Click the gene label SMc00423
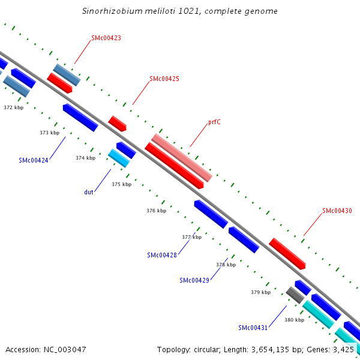106,38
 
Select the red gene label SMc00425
164,79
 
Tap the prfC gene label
214,122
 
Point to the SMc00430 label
337,211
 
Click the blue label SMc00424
34,160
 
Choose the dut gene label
88,193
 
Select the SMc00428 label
162,255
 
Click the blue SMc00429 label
194,280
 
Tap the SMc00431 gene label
253,328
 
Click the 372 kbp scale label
13,107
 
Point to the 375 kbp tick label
121,184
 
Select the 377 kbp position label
191,237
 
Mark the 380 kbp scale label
294,320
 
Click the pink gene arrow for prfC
182,157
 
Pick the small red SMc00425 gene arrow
118,124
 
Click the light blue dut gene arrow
119,158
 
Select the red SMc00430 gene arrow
287,253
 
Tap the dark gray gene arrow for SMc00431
295,295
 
